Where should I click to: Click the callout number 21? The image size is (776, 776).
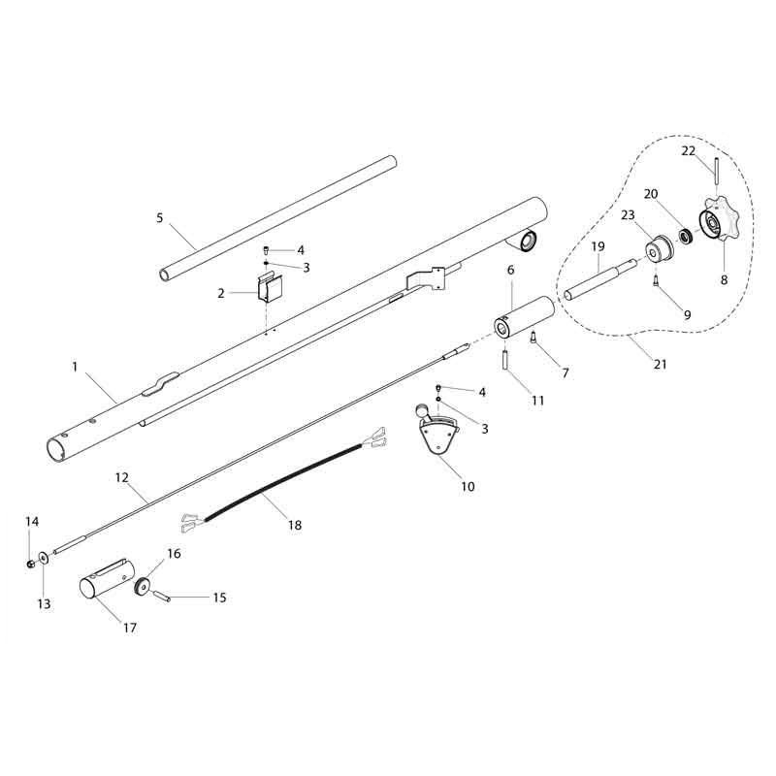[x=661, y=365]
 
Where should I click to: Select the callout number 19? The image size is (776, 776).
[x=598, y=246]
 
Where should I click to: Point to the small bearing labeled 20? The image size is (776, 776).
[x=685, y=236]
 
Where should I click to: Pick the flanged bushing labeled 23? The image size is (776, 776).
[x=659, y=249]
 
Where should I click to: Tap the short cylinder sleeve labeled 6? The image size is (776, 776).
[x=524, y=317]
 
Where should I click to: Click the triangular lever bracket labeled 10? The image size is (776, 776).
[x=438, y=431]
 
